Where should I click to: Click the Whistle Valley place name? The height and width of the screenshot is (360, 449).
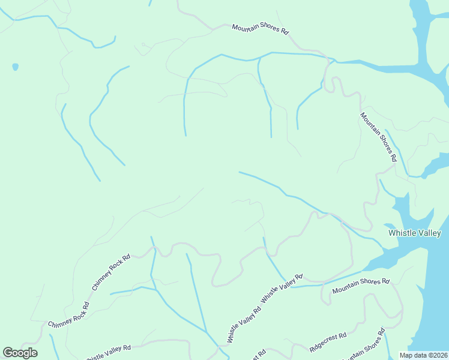click(414, 233)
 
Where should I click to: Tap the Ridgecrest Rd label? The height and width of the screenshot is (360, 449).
click(328, 343)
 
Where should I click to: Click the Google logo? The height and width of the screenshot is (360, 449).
click(20, 353)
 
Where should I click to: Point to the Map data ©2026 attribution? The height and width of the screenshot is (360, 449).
click(423, 355)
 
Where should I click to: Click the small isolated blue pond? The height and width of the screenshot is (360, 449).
click(15, 67)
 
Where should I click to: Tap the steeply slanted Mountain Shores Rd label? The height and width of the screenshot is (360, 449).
click(379, 137)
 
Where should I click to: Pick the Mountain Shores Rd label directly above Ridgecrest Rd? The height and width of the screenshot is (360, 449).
click(361, 286)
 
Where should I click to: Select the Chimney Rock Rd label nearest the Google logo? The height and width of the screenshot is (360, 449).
click(68, 314)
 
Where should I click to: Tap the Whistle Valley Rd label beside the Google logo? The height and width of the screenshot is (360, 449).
click(108, 353)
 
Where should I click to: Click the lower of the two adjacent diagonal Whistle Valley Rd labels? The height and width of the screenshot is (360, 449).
click(243, 325)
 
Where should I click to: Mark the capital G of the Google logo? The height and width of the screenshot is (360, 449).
click(8, 353)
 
